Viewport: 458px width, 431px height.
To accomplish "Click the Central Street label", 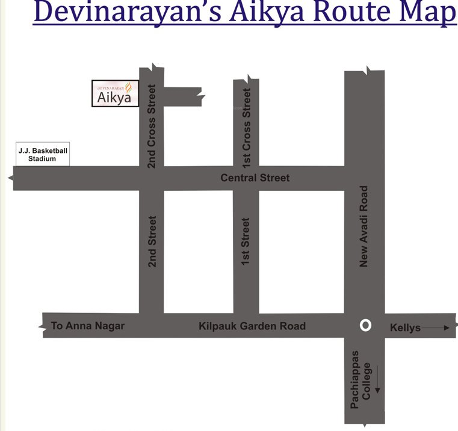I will [x=255, y=178].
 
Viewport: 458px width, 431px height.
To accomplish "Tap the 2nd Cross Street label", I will [x=152, y=126].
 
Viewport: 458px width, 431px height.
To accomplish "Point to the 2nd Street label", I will [x=152, y=241].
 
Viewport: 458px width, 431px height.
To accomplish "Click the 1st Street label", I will [x=246, y=241].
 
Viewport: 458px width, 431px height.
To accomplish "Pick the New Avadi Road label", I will [x=364, y=226].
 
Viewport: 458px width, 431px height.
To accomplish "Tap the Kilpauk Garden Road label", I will [x=252, y=326].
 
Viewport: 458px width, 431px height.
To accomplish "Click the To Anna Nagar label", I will [x=88, y=326].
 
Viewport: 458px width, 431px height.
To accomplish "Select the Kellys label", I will [x=405, y=327].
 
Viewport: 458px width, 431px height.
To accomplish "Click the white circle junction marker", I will [x=365, y=325].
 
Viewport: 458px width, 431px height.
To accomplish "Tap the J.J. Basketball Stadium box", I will [x=42, y=155].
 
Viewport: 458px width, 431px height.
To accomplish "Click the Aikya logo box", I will [x=115, y=93].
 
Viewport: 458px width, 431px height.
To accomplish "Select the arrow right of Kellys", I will [x=436, y=327].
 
